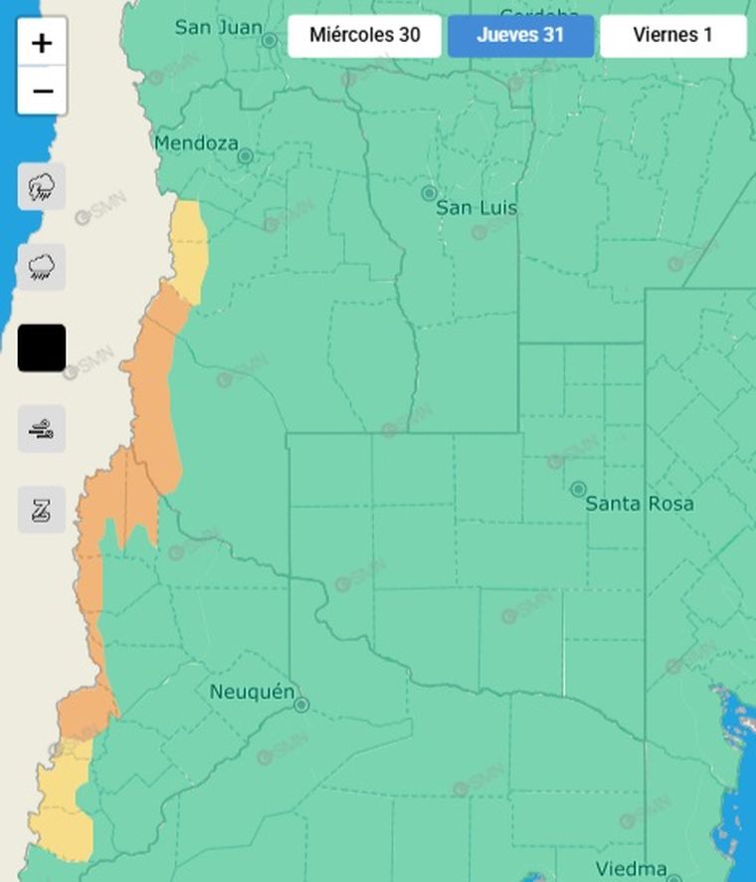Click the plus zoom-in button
click(42, 43)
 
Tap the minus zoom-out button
click(42, 92)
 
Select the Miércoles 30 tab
click(364, 36)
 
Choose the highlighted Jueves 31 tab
click(520, 36)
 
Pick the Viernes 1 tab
click(672, 36)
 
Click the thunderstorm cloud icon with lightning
click(42, 186)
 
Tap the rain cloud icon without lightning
click(42, 267)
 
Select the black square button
click(42, 347)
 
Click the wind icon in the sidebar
click(42, 429)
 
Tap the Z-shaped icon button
click(42, 510)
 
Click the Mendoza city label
click(196, 143)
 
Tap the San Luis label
click(476, 208)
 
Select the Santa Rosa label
click(640, 504)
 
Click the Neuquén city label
click(253, 692)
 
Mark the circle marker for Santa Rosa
click(578, 489)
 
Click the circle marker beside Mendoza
click(246, 156)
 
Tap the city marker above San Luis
click(429, 193)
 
